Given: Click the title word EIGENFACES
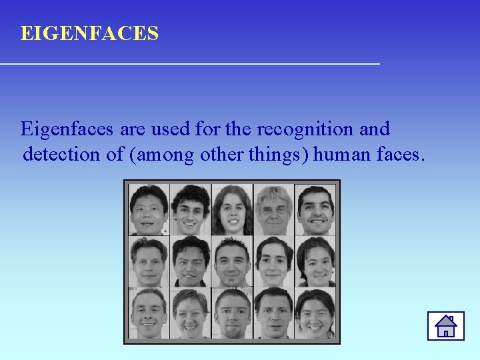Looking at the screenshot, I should pos(89,33).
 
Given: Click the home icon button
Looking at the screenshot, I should pos(445,325).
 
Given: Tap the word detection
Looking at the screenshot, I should pos(62,155).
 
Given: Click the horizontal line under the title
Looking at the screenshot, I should pos(190,63).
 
